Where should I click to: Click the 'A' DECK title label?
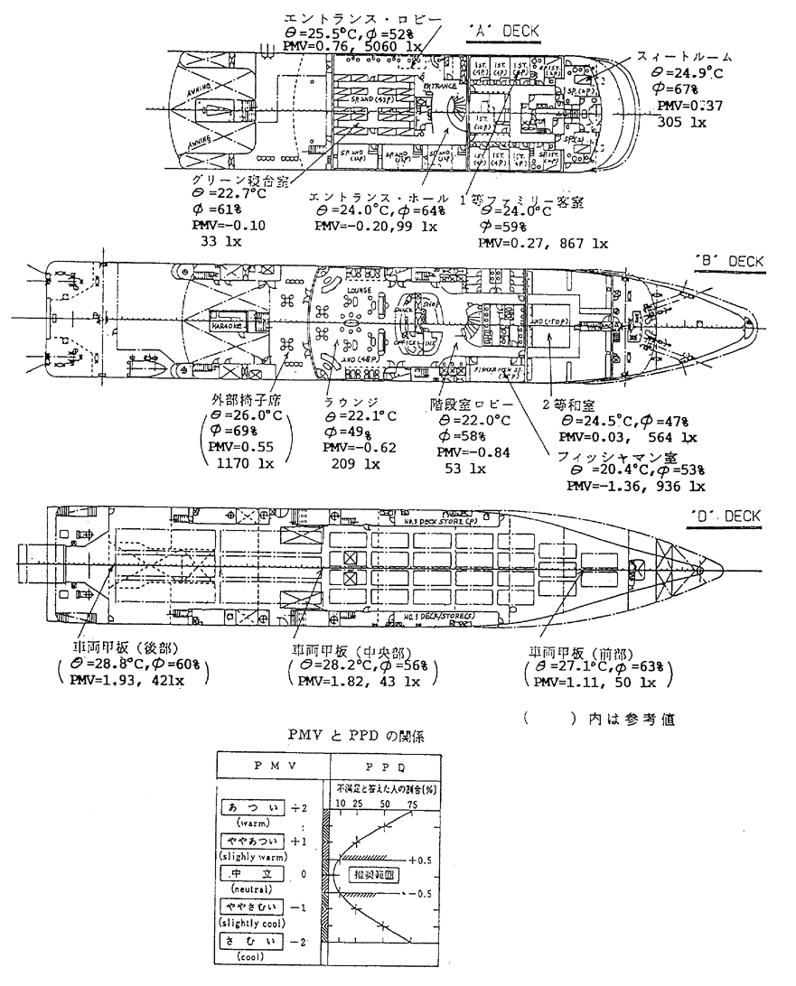pyautogui.click(x=504, y=31)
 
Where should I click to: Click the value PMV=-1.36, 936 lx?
pyautogui.click(x=635, y=486)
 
